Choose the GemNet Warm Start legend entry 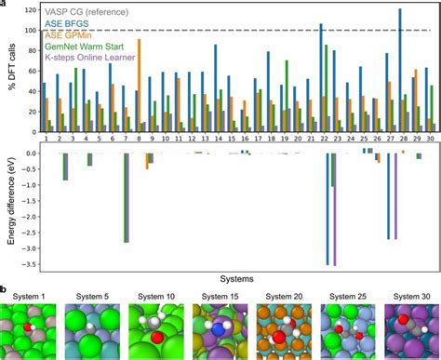point(86,49)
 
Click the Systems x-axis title point(235,278)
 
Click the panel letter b point(5,290)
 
